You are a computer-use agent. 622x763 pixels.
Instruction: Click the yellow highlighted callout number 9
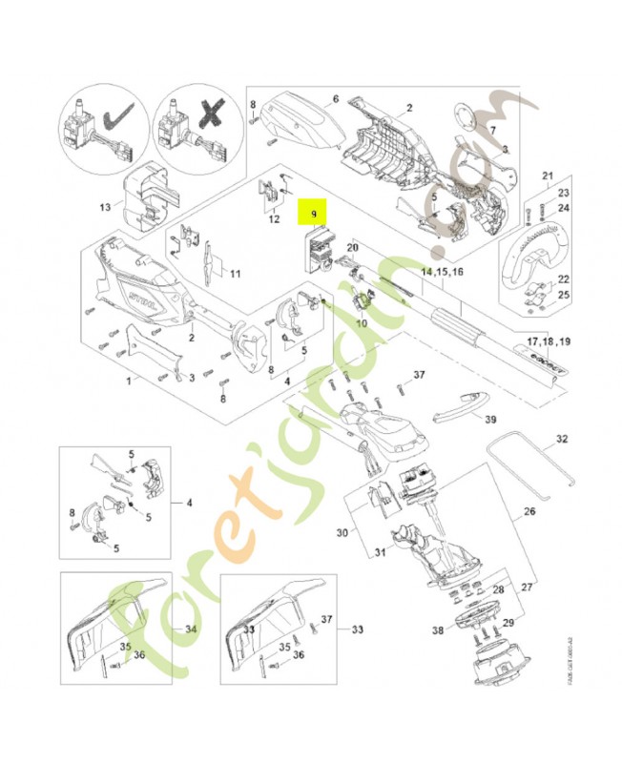313,216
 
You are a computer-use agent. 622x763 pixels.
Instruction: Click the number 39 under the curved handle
489,419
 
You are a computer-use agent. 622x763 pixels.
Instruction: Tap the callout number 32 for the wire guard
561,440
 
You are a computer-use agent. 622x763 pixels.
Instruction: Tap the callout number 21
548,175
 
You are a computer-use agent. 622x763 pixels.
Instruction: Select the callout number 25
564,297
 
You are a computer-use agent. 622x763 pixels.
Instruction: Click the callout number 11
234,274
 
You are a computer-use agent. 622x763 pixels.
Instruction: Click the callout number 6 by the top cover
336,98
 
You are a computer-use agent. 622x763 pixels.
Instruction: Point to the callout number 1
130,381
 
